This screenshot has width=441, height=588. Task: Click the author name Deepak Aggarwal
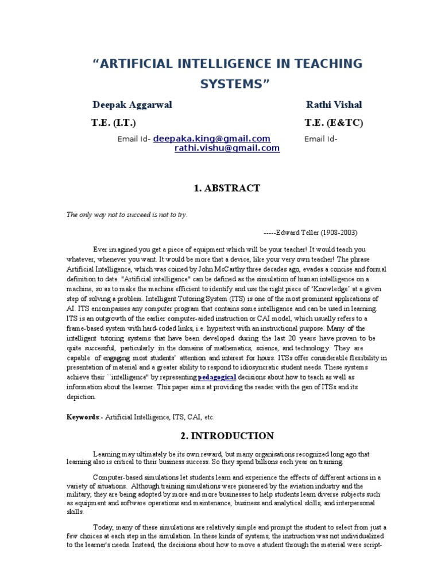(x=132, y=105)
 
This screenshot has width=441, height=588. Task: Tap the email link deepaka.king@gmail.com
(x=212, y=139)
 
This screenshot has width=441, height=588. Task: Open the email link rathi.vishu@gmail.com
(x=227, y=148)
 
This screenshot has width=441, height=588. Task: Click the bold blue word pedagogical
(x=217, y=377)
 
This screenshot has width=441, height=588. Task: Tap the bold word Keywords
(x=83, y=417)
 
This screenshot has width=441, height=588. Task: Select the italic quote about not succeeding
(x=127, y=214)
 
